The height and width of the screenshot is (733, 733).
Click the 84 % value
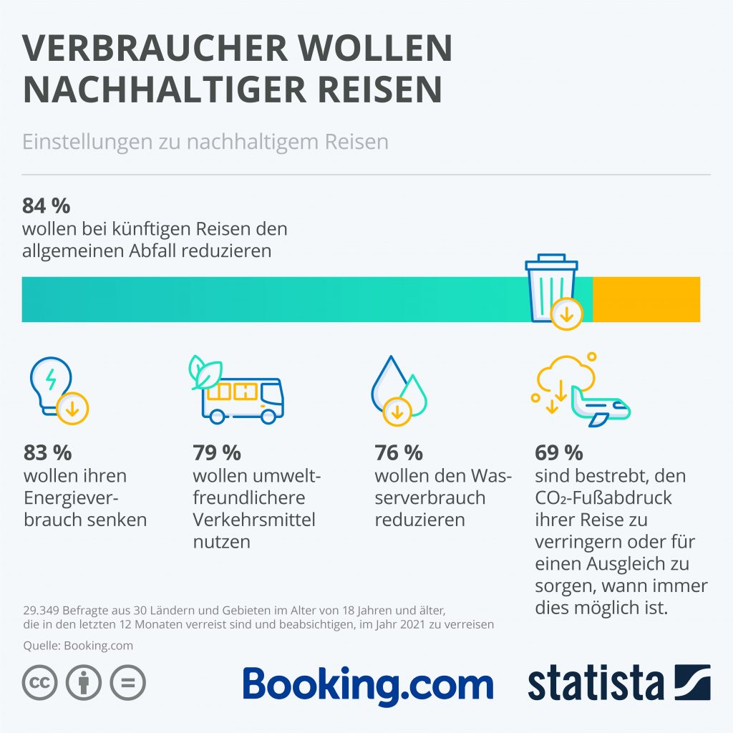(47, 206)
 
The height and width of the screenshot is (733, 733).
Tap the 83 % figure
(48, 453)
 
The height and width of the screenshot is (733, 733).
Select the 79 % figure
(217, 453)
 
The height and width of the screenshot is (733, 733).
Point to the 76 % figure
(399, 453)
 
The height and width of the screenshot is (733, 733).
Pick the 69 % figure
(559, 453)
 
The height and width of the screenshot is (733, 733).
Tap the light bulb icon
(54, 387)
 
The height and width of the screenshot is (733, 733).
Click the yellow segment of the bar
(646, 298)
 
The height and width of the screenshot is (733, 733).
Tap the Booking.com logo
(368, 685)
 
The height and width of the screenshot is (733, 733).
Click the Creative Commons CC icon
(40, 683)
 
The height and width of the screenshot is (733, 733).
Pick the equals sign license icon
(127, 683)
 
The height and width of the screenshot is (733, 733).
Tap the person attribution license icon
(84, 683)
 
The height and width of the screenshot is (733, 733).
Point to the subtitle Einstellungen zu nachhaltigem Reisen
(205, 141)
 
